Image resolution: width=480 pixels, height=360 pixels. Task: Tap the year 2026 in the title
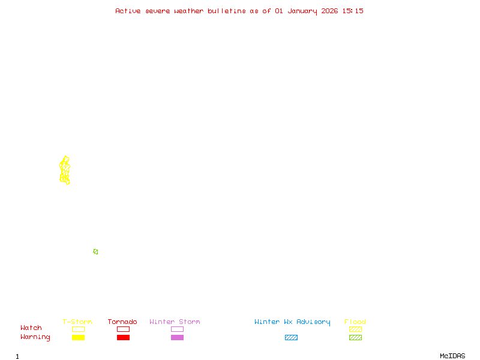tap(329, 11)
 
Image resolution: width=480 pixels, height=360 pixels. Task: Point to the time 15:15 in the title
tap(353, 11)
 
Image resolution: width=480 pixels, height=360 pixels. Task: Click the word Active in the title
tap(128, 11)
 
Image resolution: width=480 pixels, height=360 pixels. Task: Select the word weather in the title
tap(189, 11)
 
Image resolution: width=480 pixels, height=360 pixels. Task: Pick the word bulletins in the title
tap(227, 11)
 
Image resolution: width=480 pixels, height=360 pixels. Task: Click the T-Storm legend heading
tap(77, 322)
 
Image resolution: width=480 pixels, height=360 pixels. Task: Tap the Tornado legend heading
tap(122, 322)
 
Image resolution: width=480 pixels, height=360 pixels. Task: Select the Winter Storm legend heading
tap(175, 322)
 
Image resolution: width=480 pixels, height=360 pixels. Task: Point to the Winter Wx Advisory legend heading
tap(292, 322)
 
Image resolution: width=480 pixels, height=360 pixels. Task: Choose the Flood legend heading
tap(355, 322)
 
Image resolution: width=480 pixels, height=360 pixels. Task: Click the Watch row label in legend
tap(31, 328)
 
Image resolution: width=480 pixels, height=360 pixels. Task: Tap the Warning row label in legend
tap(35, 337)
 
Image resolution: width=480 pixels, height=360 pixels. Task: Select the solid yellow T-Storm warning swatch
tap(78, 338)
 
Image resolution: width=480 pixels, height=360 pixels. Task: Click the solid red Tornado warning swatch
tap(123, 338)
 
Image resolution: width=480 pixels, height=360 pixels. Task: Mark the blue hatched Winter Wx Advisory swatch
tap(291, 338)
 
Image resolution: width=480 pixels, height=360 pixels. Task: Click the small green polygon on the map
tap(95, 251)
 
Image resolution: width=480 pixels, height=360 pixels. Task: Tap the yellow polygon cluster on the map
tap(65, 170)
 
